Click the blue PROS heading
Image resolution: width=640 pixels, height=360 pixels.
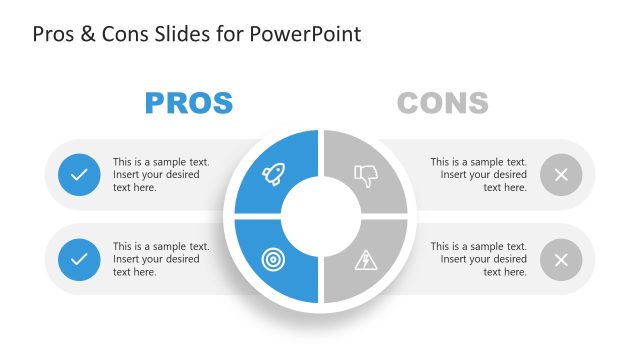click(x=189, y=103)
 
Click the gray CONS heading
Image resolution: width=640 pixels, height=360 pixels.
click(x=442, y=103)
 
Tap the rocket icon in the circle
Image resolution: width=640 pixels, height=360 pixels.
click(x=273, y=175)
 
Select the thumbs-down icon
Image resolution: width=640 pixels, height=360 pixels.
click(x=366, y=176)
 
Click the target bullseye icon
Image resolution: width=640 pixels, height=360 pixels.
click(x=273, y=259)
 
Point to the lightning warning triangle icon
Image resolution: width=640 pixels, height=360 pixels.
click(x=366, y=259)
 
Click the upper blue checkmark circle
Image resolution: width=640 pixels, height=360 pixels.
click(x=79, y=175)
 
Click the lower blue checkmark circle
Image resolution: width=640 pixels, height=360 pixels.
click(x=79, y=259)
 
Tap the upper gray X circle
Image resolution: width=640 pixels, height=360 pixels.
click(x=561, y=175)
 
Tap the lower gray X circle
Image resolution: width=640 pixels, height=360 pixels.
click(x=561, y=259)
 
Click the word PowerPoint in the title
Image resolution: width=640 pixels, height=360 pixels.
click(x=312, y=34)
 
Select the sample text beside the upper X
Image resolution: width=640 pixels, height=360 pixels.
click(x=478, y=174)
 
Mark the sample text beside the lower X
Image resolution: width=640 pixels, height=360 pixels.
click(x=478, y=259)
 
